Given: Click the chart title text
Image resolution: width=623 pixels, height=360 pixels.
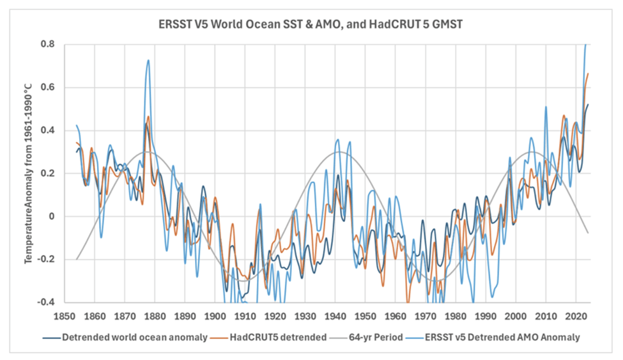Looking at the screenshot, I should click(x=311, y=24).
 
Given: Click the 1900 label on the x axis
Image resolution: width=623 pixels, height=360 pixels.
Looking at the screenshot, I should click(x=214, y=315).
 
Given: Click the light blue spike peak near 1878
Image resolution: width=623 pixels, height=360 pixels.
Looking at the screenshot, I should click(x=148, y=61).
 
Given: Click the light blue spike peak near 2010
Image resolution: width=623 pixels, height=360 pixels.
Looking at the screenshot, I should click(x=546, y=107).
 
